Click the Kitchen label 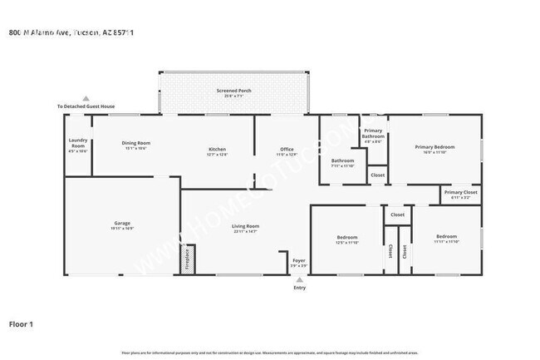(x=217, y=151)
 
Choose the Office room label (x=287, y=151)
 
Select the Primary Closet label (x=459, y=195)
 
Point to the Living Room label (x=245, y=229)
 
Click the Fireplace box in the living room (x=188, y=259)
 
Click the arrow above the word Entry (x=299, y=280)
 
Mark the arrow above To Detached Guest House (x=86, y=98)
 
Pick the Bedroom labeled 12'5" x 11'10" (x=347, y=240)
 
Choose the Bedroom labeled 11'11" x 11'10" (x=446, y=239)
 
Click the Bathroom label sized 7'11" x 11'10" (x=342, y=163)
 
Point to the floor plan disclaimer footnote (x=270, y=353)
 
